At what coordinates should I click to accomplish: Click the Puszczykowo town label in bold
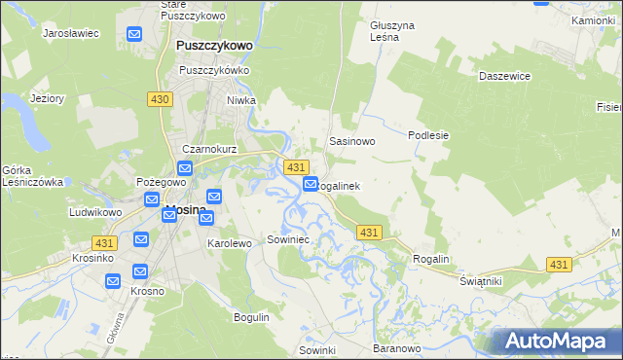pyautogui.click(x=214, y=46)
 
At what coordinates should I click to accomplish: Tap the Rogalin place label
pyautogui.click(x=431, y=259)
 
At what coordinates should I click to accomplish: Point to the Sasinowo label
pyautogui.click(x=352, y=141)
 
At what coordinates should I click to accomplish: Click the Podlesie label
pyautogui.click(x=428, y=135)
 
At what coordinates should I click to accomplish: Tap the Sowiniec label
pyautogui.click(x=287, y=238)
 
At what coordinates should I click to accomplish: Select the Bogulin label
pyautogui.click(x=251, y=317)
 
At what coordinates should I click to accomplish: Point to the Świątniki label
pyautogui.click(x=480, y=280)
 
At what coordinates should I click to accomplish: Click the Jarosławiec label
pyautogui.click(x=72, y=33)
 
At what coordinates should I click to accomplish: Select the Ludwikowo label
pyautogui.click(x=94, y=211)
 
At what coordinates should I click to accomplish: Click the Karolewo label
pyautogui.click(x=230, y=243)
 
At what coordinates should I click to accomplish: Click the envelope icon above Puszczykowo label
pyautogui.click(x=134, y=35)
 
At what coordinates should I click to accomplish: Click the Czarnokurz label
pyautogui.click(x=205, y=149)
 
